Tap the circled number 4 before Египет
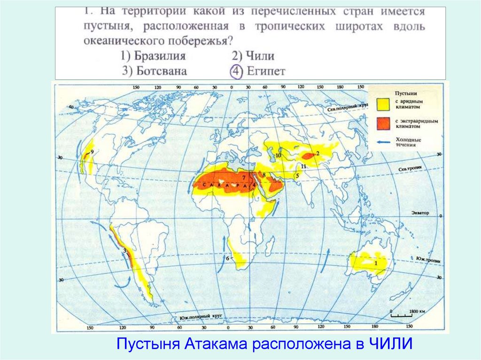click(235, 71)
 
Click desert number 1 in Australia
click(375, 263)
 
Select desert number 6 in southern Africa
click(227, 259)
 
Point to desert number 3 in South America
click(124, 251)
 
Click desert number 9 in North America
click(92, 152)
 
